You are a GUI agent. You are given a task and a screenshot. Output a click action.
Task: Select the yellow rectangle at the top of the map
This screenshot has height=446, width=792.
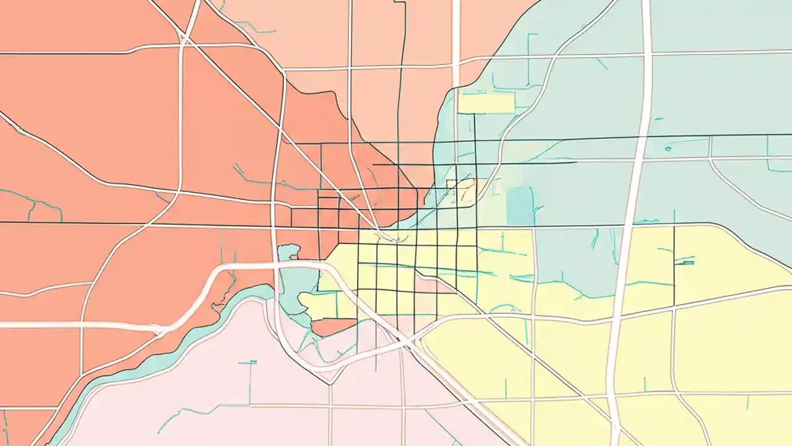tap(486, 103)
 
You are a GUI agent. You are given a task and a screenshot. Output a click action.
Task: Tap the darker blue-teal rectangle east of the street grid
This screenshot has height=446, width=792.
tap(519, 205)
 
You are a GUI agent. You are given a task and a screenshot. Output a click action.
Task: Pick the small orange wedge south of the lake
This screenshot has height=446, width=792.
tap(334, 326)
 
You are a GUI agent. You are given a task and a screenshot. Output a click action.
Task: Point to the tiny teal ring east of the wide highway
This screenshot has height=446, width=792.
tap(668, 148)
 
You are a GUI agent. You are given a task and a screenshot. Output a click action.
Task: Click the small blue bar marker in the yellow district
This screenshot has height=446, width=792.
tap(686, 263)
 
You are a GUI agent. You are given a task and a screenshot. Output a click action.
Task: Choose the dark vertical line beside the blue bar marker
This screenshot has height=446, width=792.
tap(674, 266)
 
